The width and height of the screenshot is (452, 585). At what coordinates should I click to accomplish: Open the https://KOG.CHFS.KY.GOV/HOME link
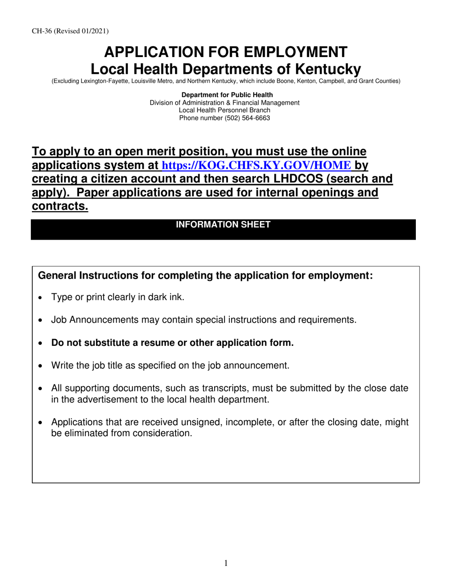[257, 166]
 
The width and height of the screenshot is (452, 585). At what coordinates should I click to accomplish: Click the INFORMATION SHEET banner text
[223, 224]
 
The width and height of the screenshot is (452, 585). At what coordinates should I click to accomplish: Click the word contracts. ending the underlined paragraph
[60, 206]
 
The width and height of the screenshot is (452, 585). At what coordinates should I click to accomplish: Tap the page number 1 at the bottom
[226, 564]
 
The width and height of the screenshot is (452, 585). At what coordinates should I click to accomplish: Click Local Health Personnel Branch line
[225, 110]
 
